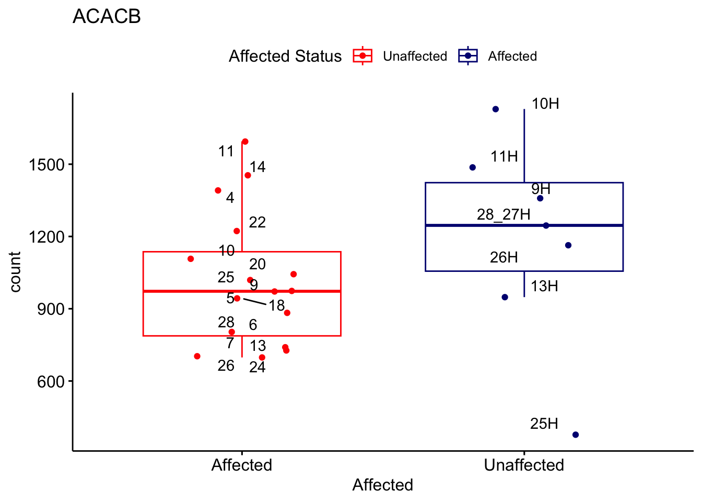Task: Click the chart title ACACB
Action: tap(107, 16)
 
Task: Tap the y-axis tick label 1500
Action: tap(46, 165)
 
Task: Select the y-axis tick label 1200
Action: tap(46, 237)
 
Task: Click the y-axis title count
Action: tap(15, 272)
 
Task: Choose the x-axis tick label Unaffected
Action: tap(524, 465)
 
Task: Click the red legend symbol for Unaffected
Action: tap(362, 56)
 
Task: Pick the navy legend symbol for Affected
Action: tap(468, 56)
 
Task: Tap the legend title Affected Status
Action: tap(285, 56)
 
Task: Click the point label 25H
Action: tap(544, 424)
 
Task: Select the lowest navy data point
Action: tap(576, 435)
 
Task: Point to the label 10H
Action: tap(545, 104)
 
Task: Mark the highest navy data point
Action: tap(496, 109)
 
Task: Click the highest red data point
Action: tap(245, 142)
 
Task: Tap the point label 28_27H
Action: tap(504, 215)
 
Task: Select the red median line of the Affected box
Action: tap(242, 291)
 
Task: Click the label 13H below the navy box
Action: tap(544, 286)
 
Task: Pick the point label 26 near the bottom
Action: tap(226, 366)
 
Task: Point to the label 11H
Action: tap(504, 156)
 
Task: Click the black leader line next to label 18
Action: tap(255, 302)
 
